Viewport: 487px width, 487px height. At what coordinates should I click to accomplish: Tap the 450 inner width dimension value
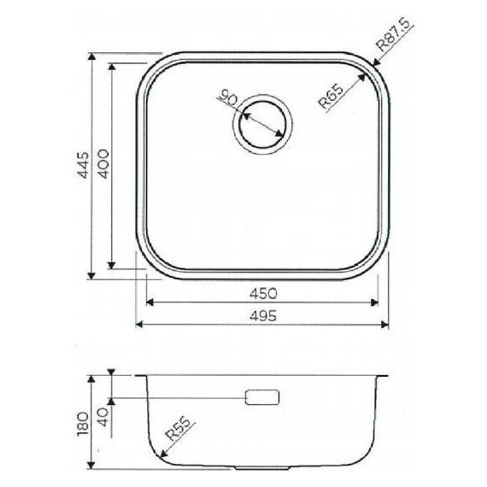[262, 292]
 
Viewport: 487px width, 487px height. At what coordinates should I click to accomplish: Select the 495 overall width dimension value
[262, 315]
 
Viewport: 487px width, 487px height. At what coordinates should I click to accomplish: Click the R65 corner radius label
[331, 97]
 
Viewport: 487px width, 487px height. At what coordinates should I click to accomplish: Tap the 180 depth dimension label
[82, 422]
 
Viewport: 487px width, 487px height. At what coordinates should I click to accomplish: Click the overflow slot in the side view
[262, 396]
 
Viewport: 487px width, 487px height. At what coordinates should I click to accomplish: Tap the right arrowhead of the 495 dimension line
[386, 325]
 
